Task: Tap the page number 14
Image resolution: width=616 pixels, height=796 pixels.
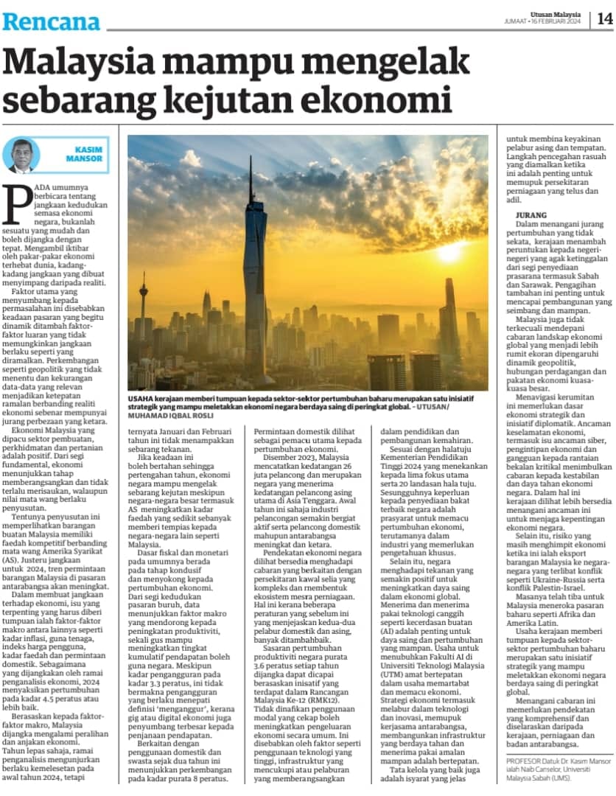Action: [604, 19]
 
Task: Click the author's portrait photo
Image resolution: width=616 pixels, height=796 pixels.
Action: [21, 155]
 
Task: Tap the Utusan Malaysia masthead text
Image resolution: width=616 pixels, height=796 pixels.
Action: [555, 14]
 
